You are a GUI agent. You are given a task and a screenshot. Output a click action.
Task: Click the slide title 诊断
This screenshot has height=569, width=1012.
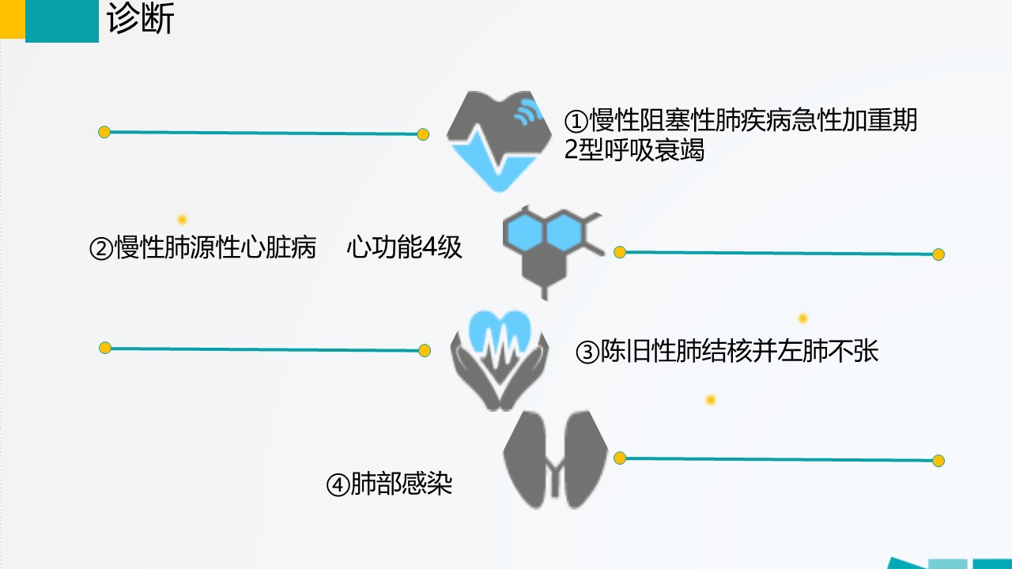[141, 19]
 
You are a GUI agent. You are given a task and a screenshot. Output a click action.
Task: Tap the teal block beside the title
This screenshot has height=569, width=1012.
[62, 21]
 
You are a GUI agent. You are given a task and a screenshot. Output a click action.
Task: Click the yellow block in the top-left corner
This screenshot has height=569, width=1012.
[12, 19]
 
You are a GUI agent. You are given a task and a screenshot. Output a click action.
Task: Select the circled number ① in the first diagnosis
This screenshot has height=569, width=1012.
[576, 121]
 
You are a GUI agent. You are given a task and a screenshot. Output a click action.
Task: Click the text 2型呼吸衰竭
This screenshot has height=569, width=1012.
[634, 150]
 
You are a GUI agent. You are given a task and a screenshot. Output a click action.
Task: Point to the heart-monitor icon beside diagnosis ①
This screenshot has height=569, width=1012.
[499, 141]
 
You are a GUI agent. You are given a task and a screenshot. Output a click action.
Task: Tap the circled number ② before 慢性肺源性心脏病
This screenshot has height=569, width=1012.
[101, 249]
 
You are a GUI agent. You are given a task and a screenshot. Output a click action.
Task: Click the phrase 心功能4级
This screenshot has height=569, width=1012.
[404, 247]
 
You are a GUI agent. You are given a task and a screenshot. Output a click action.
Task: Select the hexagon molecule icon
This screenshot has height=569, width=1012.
[553, 252]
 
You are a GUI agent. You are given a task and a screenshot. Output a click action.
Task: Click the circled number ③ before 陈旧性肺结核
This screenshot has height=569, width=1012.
[587, 352]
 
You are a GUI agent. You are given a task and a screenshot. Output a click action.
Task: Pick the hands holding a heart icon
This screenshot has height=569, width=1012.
[500, 360]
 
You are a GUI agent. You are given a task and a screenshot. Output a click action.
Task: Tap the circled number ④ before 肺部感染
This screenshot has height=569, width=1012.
[338, 485]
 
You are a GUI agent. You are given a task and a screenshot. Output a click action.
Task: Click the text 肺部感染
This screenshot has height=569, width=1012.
[401, 484]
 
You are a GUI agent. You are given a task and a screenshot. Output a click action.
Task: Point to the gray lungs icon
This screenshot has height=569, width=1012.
[555, 460]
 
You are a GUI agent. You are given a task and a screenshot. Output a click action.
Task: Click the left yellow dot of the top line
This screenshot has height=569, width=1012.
[104, 132]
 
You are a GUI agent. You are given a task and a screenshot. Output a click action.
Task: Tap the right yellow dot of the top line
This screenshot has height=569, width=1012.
[423, 134]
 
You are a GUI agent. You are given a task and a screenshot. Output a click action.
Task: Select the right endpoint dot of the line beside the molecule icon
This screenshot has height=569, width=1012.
[938, 254]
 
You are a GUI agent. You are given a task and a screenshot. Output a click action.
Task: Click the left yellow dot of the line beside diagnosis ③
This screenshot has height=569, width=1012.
[105, 349]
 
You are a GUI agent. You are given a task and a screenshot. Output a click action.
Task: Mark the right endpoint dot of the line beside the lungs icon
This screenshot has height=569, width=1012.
[938, 461]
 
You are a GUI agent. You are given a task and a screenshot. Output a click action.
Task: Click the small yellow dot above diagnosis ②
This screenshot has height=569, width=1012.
[182, 220]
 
